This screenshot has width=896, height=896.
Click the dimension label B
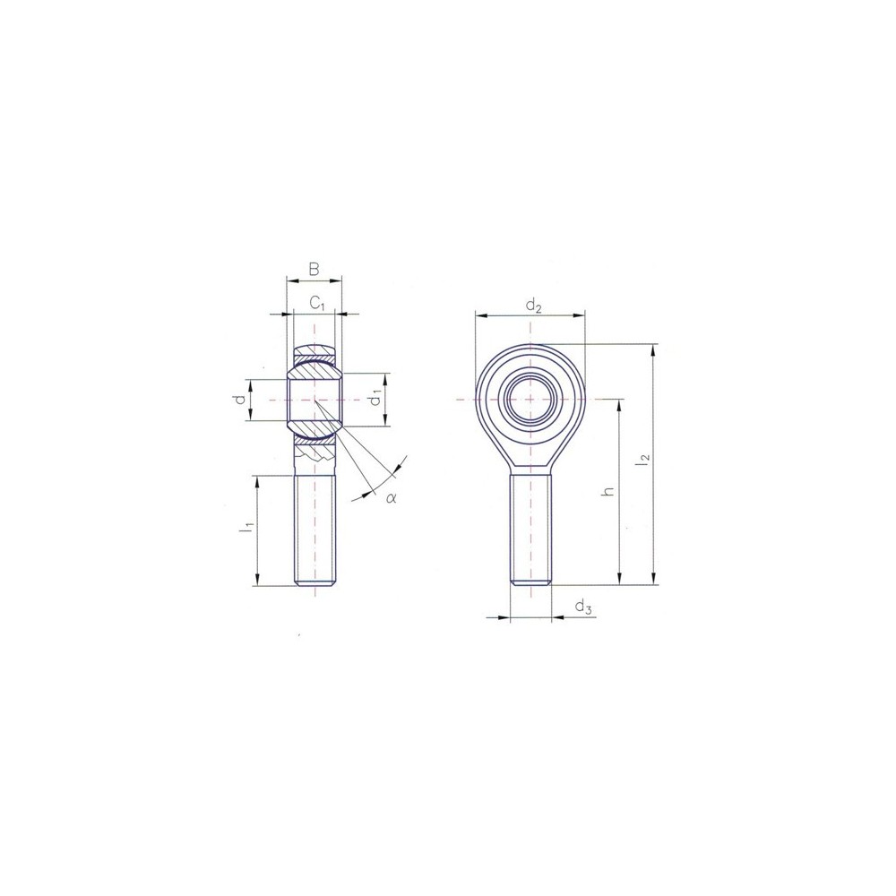pos(313,269)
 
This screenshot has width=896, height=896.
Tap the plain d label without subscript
pos(240,400)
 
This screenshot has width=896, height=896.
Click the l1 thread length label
pos(244,530)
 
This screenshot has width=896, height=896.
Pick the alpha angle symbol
pos(391,498)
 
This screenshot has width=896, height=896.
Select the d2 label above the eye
pos(534,306)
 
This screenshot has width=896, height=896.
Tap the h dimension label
pos(608,492)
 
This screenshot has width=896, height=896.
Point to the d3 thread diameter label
pos(583,608)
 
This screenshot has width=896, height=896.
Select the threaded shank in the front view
pos(530,529)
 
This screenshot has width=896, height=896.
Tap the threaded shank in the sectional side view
pos(315,529)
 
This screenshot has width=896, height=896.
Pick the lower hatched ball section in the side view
pos(314,439)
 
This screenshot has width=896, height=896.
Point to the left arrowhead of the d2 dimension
pos(480,315)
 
